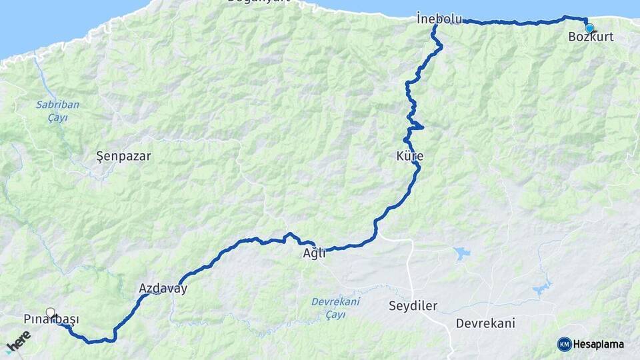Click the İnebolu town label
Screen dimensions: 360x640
tap(439, 19)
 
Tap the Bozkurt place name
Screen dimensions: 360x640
tap(591, 37)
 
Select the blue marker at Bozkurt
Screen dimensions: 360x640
tap(589, 28)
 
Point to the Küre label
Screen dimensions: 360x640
tap(409, 156)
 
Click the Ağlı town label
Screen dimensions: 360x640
tap(314, 254)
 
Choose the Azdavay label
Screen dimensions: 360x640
tap(163, 289)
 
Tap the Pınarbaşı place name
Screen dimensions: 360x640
tap(51, 319)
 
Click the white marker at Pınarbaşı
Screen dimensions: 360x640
tap(51, 312)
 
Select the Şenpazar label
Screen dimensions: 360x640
tap(123, 157)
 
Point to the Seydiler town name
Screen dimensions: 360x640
tap(413, 306)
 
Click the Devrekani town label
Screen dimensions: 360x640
tap(485, 323)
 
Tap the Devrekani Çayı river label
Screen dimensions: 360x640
tap(335, 307)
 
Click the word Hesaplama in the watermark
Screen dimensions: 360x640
tap(598, 344)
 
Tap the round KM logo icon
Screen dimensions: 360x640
tap(564, 344)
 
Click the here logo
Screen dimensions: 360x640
tap(18, 343)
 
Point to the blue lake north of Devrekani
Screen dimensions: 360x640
tap(461, 253)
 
